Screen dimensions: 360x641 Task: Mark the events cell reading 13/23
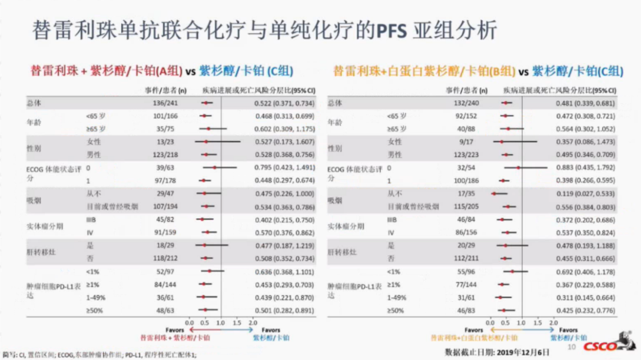tap(166, 142)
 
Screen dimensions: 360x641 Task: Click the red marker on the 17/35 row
tap(494, 193)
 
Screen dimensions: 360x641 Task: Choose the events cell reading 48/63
tap(166, 310)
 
